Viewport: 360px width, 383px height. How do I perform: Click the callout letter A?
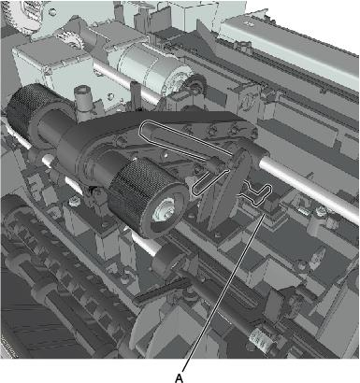[x=179, y=378]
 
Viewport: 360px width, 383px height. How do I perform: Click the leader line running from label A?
[x=223, y=292]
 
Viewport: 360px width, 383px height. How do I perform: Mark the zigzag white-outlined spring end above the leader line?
[x=256, y=194]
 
